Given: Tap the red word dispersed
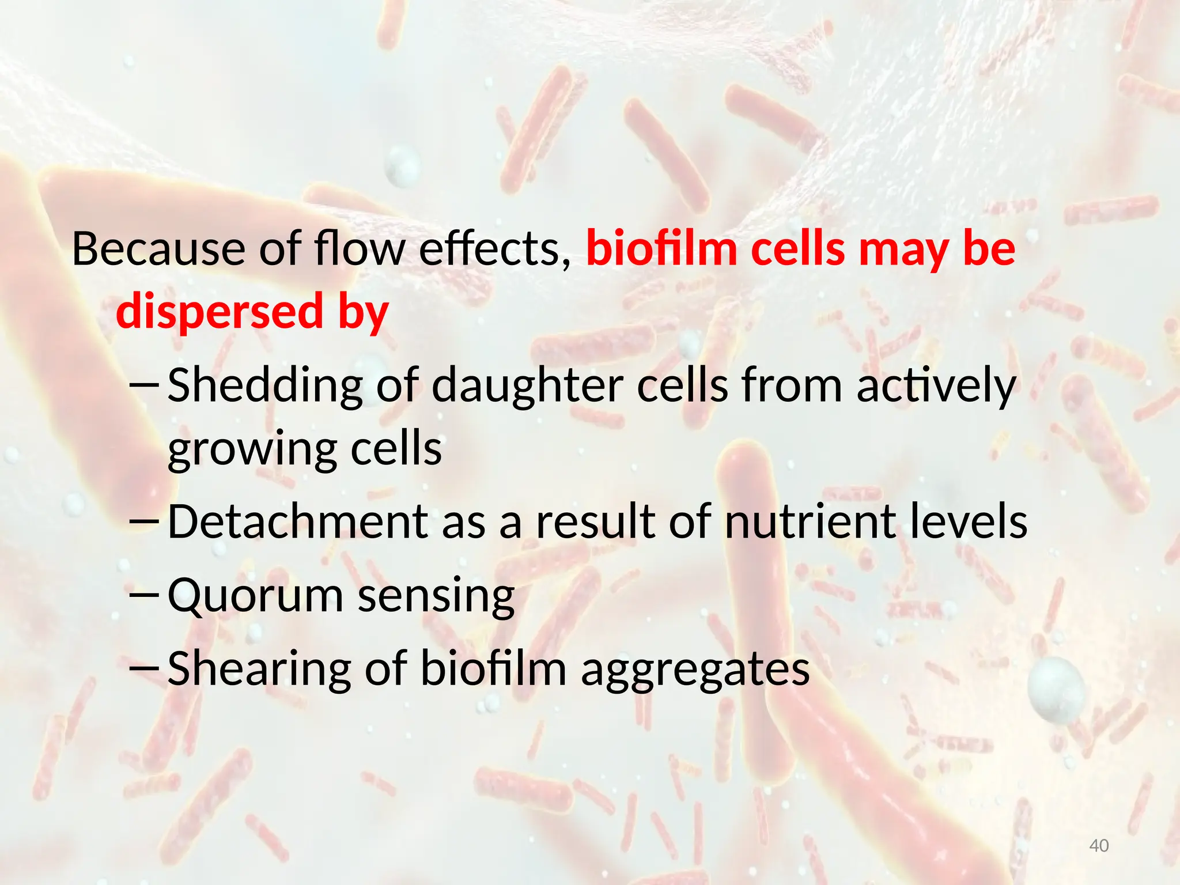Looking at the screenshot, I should [x=220, y=312].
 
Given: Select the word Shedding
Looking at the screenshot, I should [x=265, y=385].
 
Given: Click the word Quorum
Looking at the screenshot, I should [x=255, y=596].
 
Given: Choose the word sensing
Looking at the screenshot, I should [x=436, y=596].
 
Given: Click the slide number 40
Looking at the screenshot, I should [x=1099, y=846].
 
